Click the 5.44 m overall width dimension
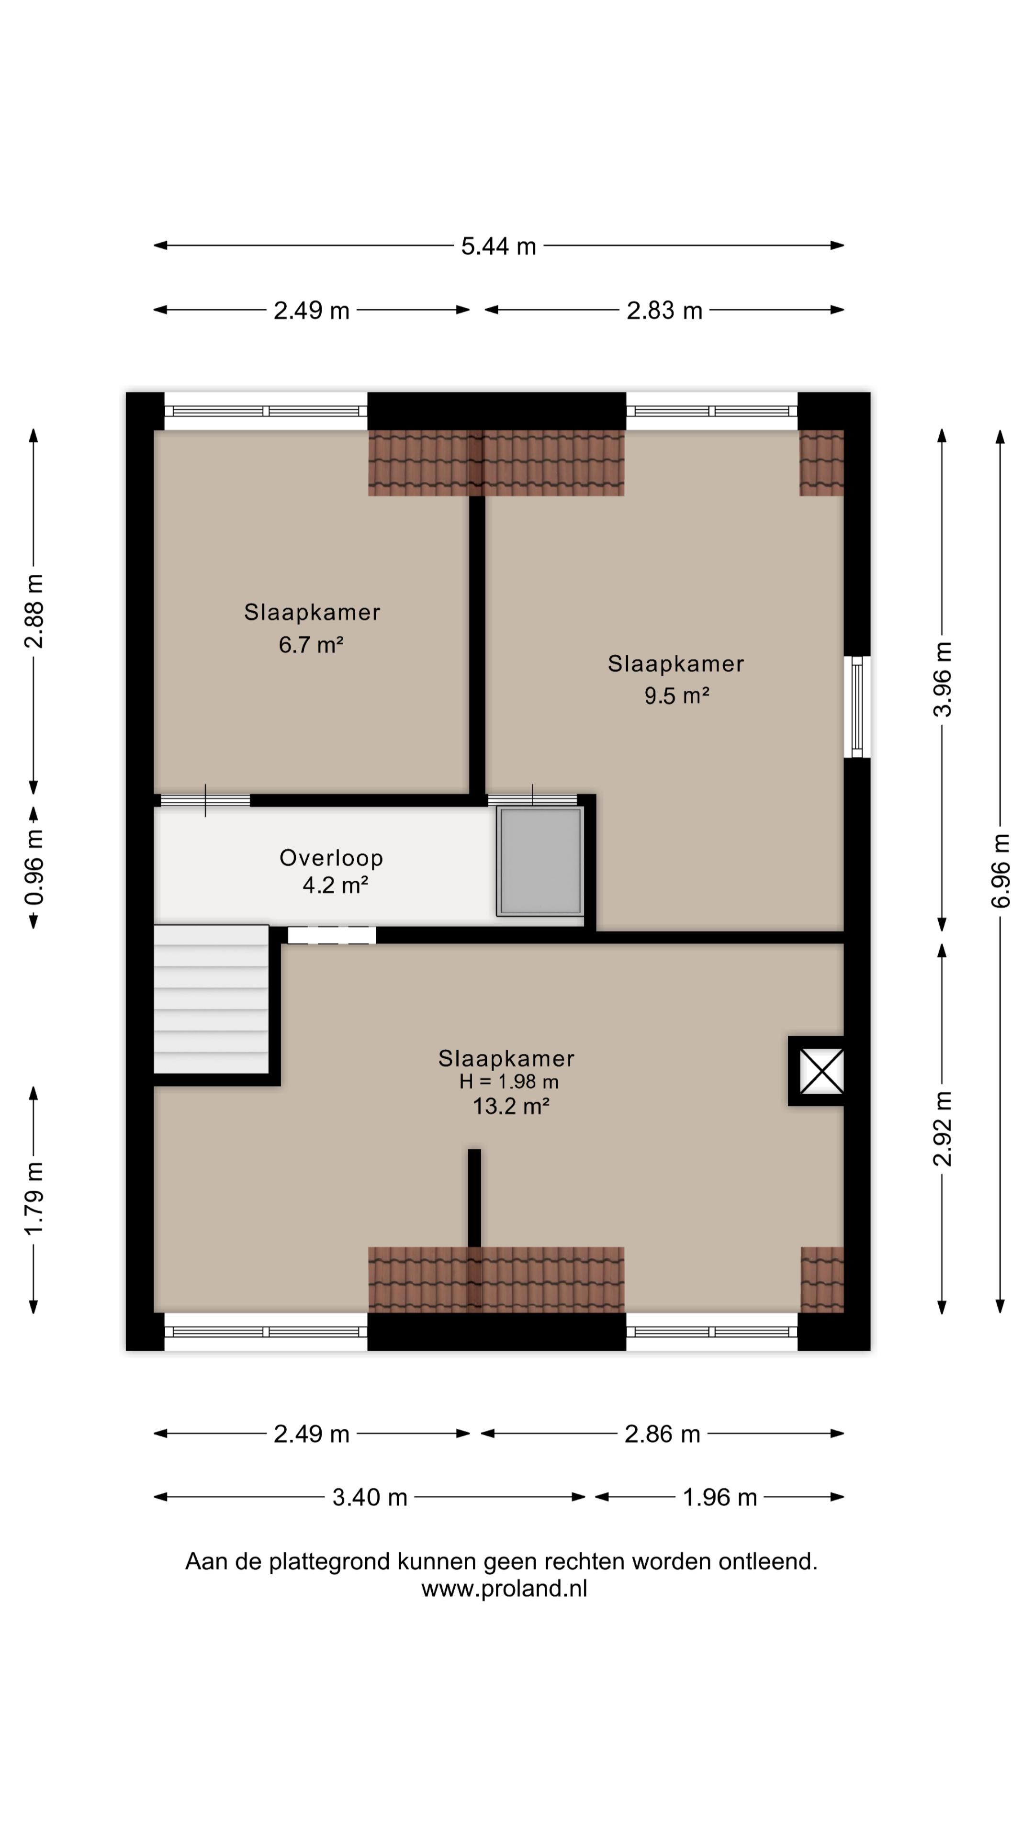498,246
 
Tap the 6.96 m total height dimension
1000,871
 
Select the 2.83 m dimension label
664,310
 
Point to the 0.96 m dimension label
34,867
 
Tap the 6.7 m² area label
311,645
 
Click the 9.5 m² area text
676,695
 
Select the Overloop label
331,858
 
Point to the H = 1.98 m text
509,1082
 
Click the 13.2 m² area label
511,1107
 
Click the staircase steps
211,999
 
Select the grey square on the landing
540,861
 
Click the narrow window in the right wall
857,706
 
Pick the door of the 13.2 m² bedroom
332,935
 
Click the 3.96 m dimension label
943,679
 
